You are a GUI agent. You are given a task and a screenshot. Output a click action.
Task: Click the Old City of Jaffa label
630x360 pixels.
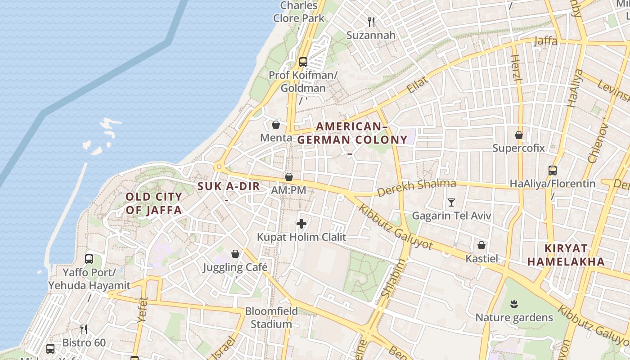tap(153, 203)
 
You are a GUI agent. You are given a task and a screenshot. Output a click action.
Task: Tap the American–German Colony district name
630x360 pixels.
tap(352, 133)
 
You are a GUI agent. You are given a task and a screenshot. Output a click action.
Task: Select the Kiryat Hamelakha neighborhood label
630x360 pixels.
tap(566, 255)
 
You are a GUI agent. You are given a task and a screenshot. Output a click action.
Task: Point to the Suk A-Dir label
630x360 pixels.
tap(229, 186)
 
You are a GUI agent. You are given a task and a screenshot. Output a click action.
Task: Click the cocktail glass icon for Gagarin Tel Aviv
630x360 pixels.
tap(451, 202)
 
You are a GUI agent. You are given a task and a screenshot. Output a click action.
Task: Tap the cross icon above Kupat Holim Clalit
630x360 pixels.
tap(301, 223)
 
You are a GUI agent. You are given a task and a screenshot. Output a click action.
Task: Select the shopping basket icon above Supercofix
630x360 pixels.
tap(518, 135)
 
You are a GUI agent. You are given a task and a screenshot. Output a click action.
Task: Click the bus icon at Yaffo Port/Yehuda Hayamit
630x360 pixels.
tap(89, 259)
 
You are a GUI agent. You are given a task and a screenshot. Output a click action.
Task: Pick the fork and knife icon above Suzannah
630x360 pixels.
tap(371, 22)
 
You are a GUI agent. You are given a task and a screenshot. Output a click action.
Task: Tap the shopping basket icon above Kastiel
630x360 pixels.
tap(481, 245)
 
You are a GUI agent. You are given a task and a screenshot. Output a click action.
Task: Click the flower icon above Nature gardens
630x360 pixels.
tap(514, 304)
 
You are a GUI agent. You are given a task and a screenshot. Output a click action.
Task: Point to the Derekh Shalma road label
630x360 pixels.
tap(416, 188)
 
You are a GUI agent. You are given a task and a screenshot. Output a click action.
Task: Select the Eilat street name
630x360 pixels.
tap(417, 85)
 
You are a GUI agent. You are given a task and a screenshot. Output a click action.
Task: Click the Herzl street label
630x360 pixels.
tap(517, 67)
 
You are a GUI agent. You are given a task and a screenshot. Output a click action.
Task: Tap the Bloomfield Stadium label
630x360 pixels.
tap(271, 317)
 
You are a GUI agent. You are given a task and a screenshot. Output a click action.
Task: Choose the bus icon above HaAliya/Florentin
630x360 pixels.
tap(552, 171)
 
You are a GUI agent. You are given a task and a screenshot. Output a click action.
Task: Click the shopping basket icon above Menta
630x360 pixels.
tap(276, 125)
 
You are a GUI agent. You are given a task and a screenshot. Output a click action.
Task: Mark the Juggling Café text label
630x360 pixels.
tap(235, 267)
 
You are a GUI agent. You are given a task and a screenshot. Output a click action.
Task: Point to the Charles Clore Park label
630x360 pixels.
tap(299, 12)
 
